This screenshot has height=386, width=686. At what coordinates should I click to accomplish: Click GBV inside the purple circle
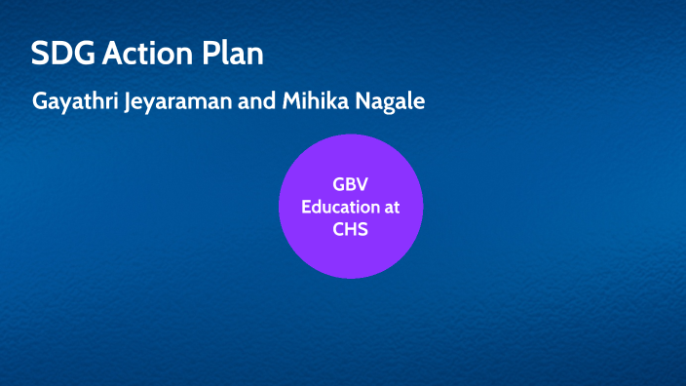(x=350, y=185)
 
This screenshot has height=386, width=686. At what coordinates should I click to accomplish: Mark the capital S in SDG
(x=40, y=53)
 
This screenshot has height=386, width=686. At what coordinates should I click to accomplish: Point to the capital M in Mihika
(x=288, y=100)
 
